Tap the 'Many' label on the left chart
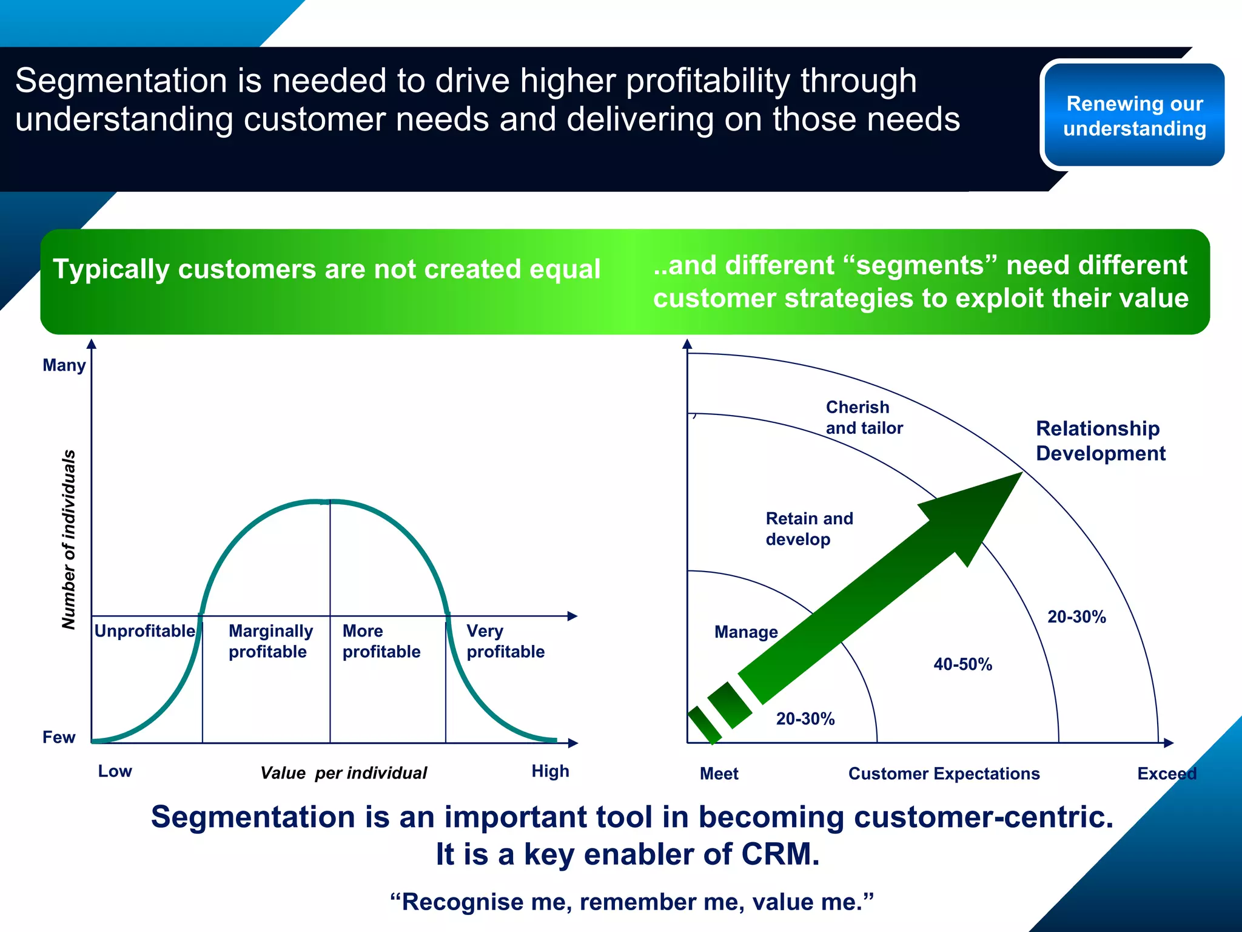(x=64, y=365)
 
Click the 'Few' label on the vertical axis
(x=59, y=737)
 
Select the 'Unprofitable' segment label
(x=144, y=631)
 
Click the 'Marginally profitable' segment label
(x=270, y=641)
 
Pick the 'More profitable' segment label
(x=381, y=641)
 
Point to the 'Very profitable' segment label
(x=505, y=641)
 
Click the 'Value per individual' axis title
(x=343, y=773)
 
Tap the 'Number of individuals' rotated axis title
(x=69, y=539)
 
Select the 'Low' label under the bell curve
(x=115, y=771)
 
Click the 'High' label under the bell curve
(x=550, y=771)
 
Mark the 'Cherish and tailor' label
(x=864, y=417)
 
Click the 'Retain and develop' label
(x=809, y=528)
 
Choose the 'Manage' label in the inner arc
(x=746, y=632)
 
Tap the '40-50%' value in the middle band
(x=962, y=664)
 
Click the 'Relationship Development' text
(x=1099, y=441)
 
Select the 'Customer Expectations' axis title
(x=944, y=774)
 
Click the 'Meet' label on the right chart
(x=719, y=774)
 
